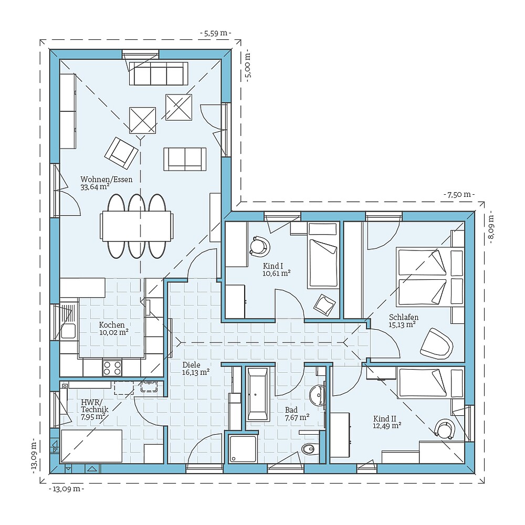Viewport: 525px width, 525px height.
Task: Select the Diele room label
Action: [192, 364]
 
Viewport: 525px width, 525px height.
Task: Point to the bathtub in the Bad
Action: [258, 394]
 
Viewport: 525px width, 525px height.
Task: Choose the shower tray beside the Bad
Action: [243, 449]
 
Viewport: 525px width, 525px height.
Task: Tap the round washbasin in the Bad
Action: [317, 395]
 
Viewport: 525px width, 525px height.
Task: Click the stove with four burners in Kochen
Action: [112, 366]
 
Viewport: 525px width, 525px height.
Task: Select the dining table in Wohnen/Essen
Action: [136, 226]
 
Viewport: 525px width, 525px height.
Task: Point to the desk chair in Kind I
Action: [259, 245]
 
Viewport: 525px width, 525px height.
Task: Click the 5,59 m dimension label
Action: [216, 33]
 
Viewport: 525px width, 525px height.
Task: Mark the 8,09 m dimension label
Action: [491, 226]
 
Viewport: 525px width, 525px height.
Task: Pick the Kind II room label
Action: [384, 418]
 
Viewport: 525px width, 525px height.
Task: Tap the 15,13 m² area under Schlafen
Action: [403, 324]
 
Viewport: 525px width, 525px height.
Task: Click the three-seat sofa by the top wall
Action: [159, 73]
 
